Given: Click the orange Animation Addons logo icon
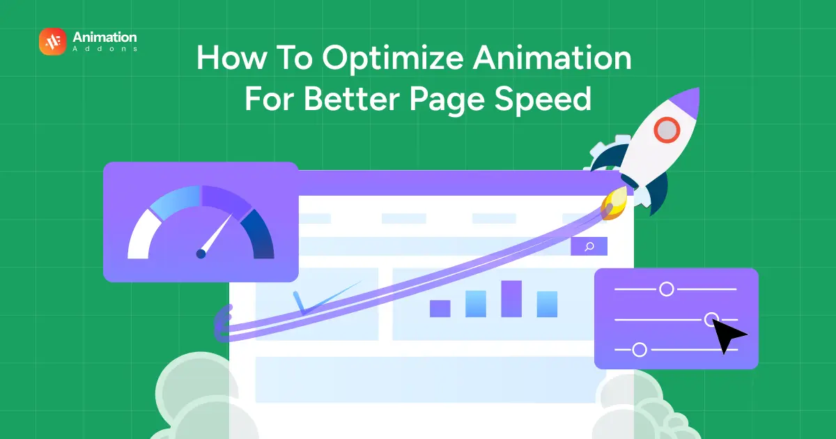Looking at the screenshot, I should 53,42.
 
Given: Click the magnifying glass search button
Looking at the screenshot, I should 589,246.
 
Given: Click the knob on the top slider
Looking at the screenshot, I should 667,288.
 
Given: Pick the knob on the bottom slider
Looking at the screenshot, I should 639,350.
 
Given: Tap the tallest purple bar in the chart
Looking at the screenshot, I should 511,298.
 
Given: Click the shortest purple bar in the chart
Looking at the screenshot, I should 440,308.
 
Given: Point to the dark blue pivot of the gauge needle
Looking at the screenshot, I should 201,254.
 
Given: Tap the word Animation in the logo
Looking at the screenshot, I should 104,37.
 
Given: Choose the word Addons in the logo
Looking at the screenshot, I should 104,49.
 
